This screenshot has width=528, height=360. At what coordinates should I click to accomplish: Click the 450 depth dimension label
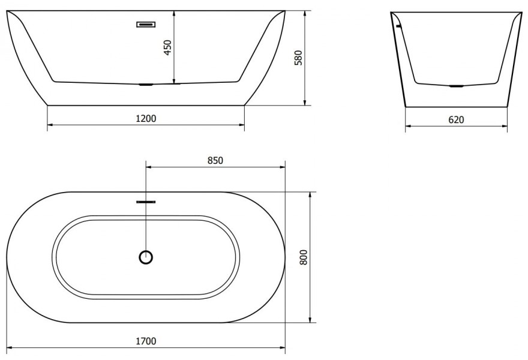pyautogui.click(x=167, y=48)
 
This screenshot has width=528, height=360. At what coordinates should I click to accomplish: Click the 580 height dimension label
pyautogui.click(x=299, y=58)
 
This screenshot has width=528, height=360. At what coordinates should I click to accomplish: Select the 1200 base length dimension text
pyautogui.click(x=146, y=119)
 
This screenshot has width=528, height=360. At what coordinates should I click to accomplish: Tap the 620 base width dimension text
pyautogui.click(x=456, y=119)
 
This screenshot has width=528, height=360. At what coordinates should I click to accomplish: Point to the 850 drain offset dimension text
pyautogui.click(x=215, y=161)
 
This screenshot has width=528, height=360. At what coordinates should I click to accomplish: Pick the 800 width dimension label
pyautogui.click(x=304, y=257)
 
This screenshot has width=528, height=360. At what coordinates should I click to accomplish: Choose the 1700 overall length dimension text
pyautogui.click(x=146, y=341)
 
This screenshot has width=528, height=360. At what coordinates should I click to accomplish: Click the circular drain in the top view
pyautogui.click(x=146, y=257)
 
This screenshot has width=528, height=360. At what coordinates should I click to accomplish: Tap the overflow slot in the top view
pyautogui.click(x=146, y=202)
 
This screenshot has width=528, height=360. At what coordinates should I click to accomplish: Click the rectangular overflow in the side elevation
pyautogui.click(x=146, y=24)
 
